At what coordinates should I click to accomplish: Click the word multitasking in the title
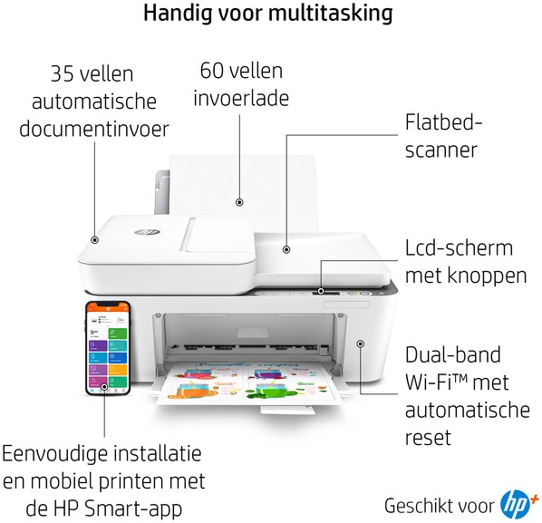330,13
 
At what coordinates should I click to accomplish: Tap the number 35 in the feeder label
62,73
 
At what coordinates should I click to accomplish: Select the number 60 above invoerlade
211,71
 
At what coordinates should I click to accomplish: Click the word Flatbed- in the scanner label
443,122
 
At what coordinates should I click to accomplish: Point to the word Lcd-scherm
459,247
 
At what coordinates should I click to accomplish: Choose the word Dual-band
453,354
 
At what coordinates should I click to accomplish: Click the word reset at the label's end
428,438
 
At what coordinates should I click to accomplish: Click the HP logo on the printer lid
142,232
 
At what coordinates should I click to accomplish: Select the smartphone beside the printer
108,348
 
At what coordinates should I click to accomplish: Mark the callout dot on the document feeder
94,239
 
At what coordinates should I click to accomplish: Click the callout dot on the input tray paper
239,202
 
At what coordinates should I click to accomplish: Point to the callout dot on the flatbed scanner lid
286,249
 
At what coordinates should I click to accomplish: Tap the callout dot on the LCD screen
321,291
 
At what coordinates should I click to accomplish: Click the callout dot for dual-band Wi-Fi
361,344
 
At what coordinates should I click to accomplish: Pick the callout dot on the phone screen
104,386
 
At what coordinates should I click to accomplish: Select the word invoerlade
241,98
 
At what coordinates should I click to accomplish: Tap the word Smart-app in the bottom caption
133,508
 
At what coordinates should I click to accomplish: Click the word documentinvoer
94,129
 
